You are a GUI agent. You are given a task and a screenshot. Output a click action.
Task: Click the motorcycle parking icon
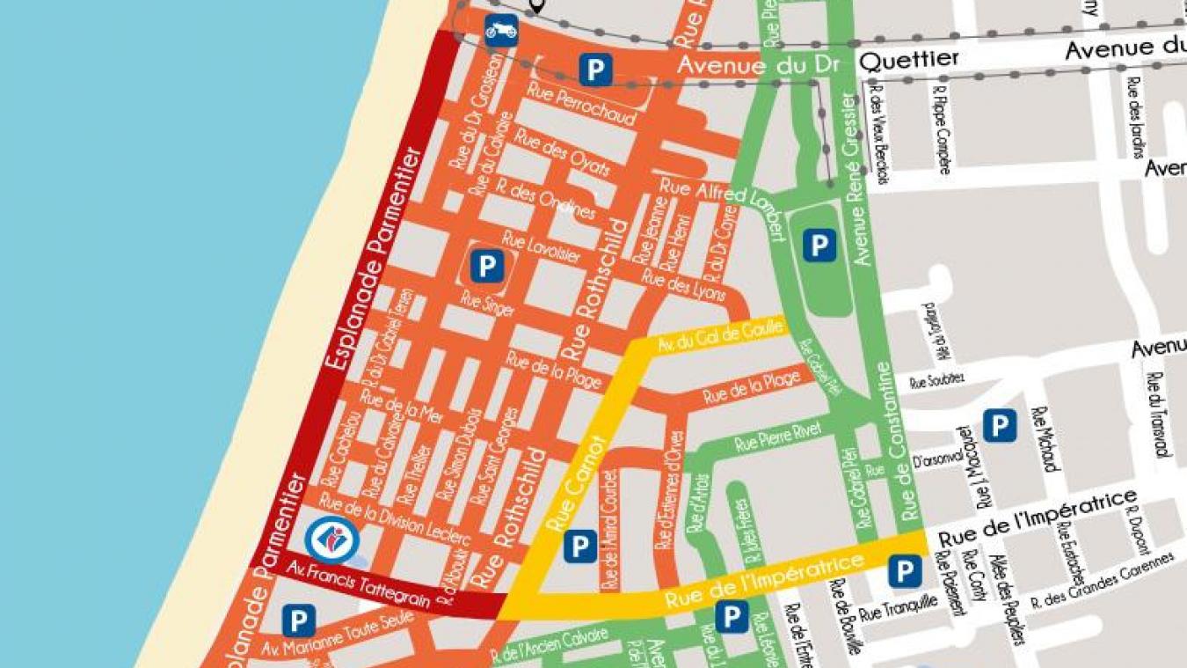[501, 29]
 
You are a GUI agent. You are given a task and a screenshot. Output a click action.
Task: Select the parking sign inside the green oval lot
[819, 246]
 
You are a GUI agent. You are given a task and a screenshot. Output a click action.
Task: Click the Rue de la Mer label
[402, 407]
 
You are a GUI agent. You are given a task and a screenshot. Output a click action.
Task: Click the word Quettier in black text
[908, 60]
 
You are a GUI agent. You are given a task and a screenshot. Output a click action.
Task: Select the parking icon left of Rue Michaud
[999, 426]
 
